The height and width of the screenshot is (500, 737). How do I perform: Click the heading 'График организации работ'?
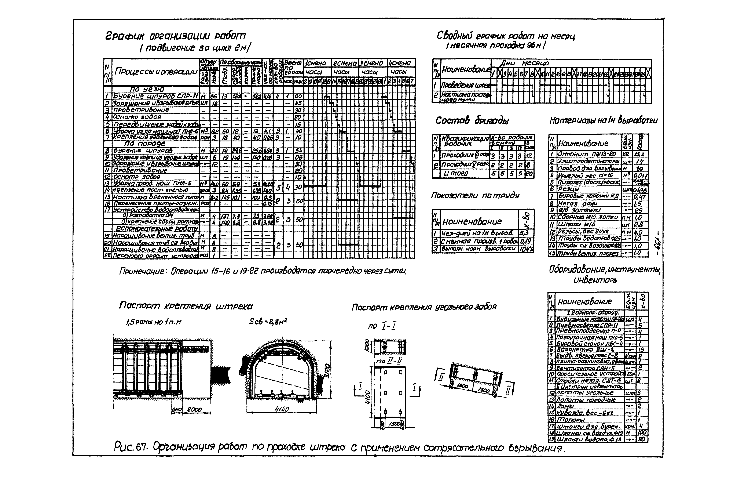coord(175,36)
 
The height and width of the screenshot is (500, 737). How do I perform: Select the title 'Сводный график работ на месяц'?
coord(506,36)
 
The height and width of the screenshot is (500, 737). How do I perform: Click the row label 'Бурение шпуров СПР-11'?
coord(155,96)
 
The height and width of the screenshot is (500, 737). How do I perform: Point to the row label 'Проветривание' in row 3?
coord(141,110)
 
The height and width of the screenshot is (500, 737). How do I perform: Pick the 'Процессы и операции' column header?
coord(156,72)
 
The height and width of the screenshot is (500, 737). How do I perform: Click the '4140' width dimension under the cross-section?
coord(281,409)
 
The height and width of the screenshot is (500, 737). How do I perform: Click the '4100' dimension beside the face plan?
coord(367,397)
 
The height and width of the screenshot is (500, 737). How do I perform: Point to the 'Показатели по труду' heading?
coord(475,195)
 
